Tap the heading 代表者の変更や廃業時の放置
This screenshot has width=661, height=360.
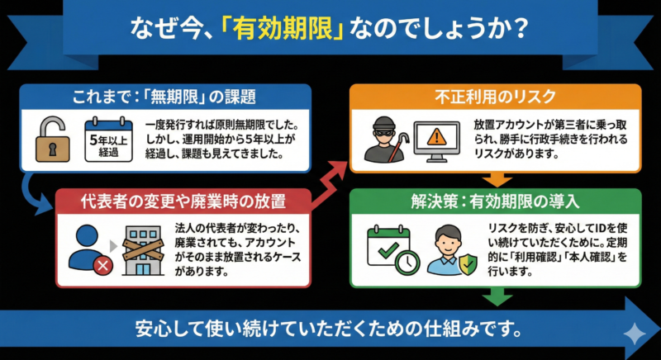pos(183,201)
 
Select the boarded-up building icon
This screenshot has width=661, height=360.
pos(145,249)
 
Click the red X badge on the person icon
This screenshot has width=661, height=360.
pos(102,265)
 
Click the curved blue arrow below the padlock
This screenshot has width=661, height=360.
pos(34,188)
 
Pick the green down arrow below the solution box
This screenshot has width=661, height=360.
pos(497,296)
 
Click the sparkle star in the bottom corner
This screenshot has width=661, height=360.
pos(634,334)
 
